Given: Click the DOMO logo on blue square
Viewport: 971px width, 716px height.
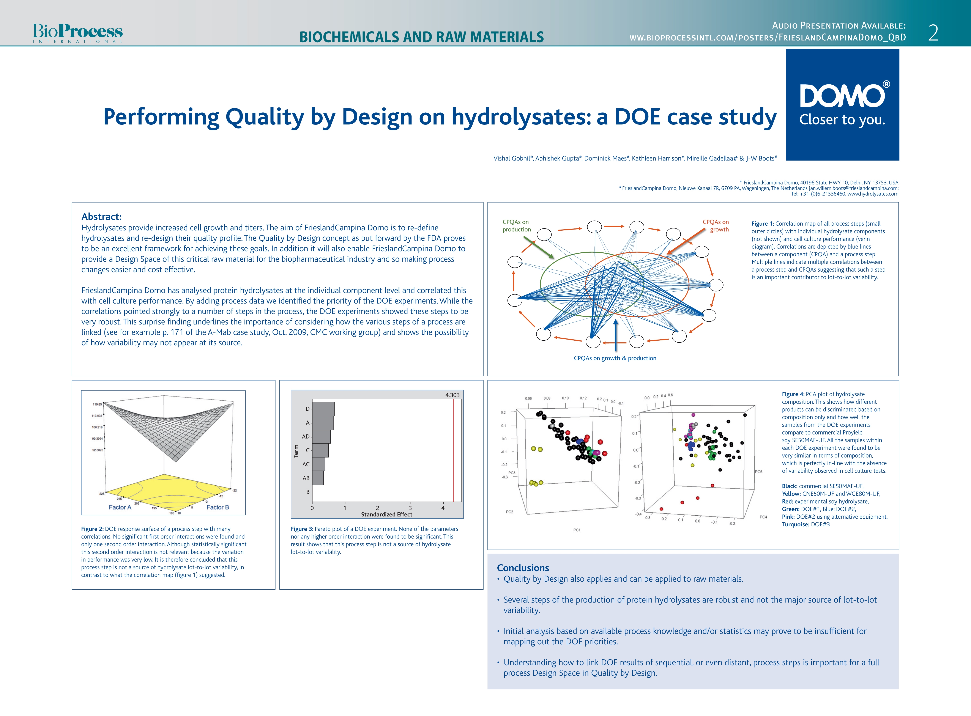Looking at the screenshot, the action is pos(842,104).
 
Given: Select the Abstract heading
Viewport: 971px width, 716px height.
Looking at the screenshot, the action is pos(101,217).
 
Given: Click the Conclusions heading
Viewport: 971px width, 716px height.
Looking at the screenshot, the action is pos(523,568).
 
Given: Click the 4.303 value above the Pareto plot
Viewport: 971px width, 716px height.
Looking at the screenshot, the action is pos(452,395).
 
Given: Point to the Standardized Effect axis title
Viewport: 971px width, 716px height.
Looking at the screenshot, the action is pos(387,515).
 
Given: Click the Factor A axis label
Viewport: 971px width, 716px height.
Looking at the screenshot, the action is pos(120,507).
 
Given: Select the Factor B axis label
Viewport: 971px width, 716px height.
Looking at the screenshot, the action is pos(218,507).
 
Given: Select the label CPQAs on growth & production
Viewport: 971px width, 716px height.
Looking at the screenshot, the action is pos(615,358).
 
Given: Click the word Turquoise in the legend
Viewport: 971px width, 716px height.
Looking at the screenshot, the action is pos(795,524).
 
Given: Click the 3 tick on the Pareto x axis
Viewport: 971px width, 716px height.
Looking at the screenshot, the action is pos(410,508).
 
